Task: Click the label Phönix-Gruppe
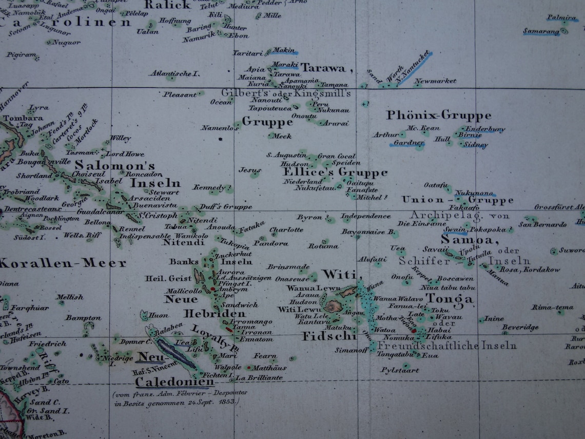[439, 115]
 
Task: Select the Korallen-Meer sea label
[63, 263]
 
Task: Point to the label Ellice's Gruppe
[335, 172]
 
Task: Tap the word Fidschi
[329, 337]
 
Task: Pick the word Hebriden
[214, 314]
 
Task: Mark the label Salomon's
[115, 165]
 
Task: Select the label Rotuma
[323, 246]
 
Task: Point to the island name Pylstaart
[400, 370]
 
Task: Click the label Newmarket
[435, 81]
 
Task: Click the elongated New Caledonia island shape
[177, 353]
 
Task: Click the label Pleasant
[180, 94]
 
